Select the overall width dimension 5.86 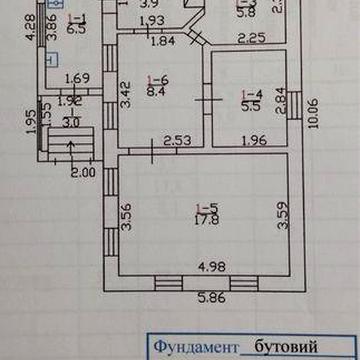pyautogui.click(x=209, y=297)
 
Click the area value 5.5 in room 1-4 pyautogui.click(x=252, y=104)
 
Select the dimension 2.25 pyautogui.click(x=253, y=39)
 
